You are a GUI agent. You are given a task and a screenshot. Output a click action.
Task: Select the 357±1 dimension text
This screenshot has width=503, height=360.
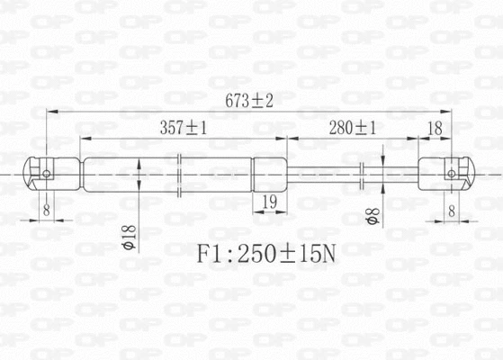coord(184,128)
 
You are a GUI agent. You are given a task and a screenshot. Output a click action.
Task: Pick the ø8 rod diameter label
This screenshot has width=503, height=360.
coord(370,217)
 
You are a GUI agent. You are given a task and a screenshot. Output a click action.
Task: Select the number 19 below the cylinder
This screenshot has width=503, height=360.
coord(268,202)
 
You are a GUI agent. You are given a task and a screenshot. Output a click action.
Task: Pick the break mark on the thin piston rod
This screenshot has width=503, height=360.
coord(362,173)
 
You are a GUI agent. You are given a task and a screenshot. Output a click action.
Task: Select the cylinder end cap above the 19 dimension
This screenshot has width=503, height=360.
coord(269,172)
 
